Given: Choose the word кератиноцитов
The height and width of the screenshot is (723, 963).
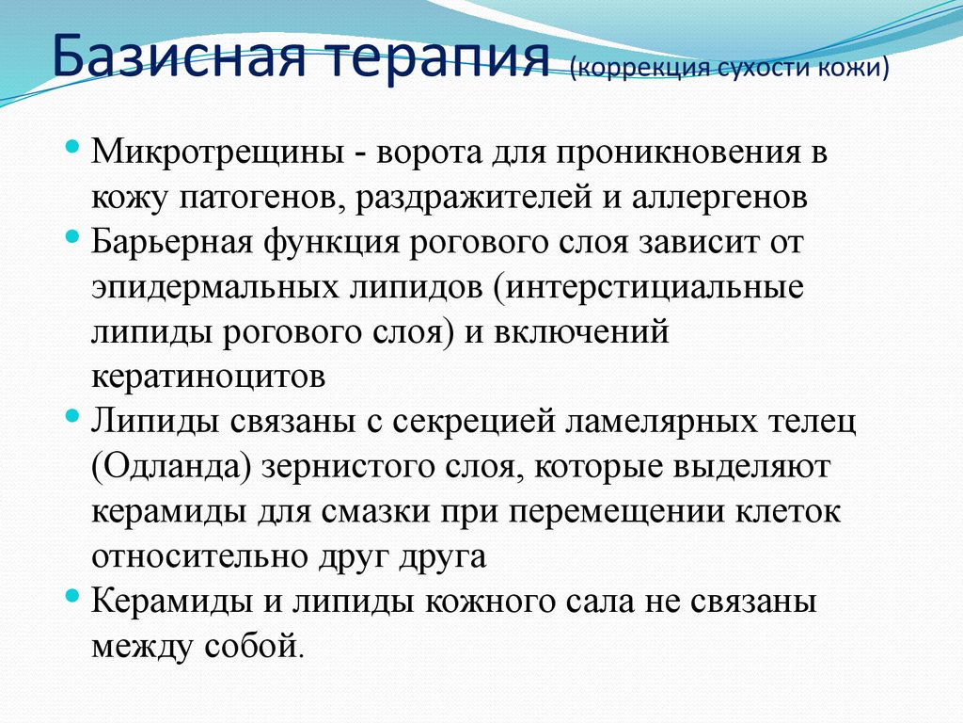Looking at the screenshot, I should (x=209, y=377).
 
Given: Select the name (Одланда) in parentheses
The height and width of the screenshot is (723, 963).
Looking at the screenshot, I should (x=170, y=467).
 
